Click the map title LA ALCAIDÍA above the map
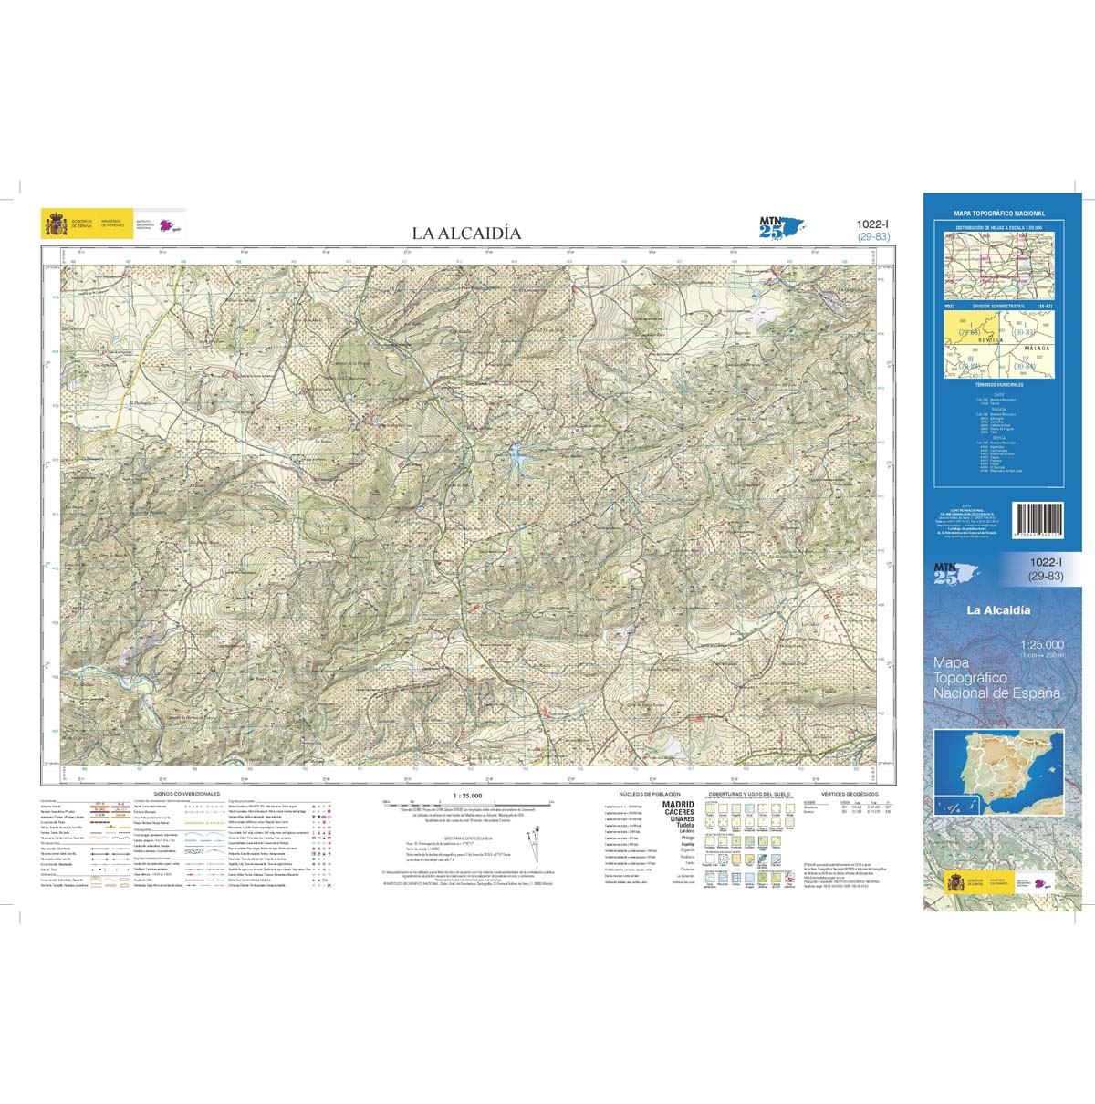tap(466, 234)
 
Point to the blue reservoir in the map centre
tap(517, 453)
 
